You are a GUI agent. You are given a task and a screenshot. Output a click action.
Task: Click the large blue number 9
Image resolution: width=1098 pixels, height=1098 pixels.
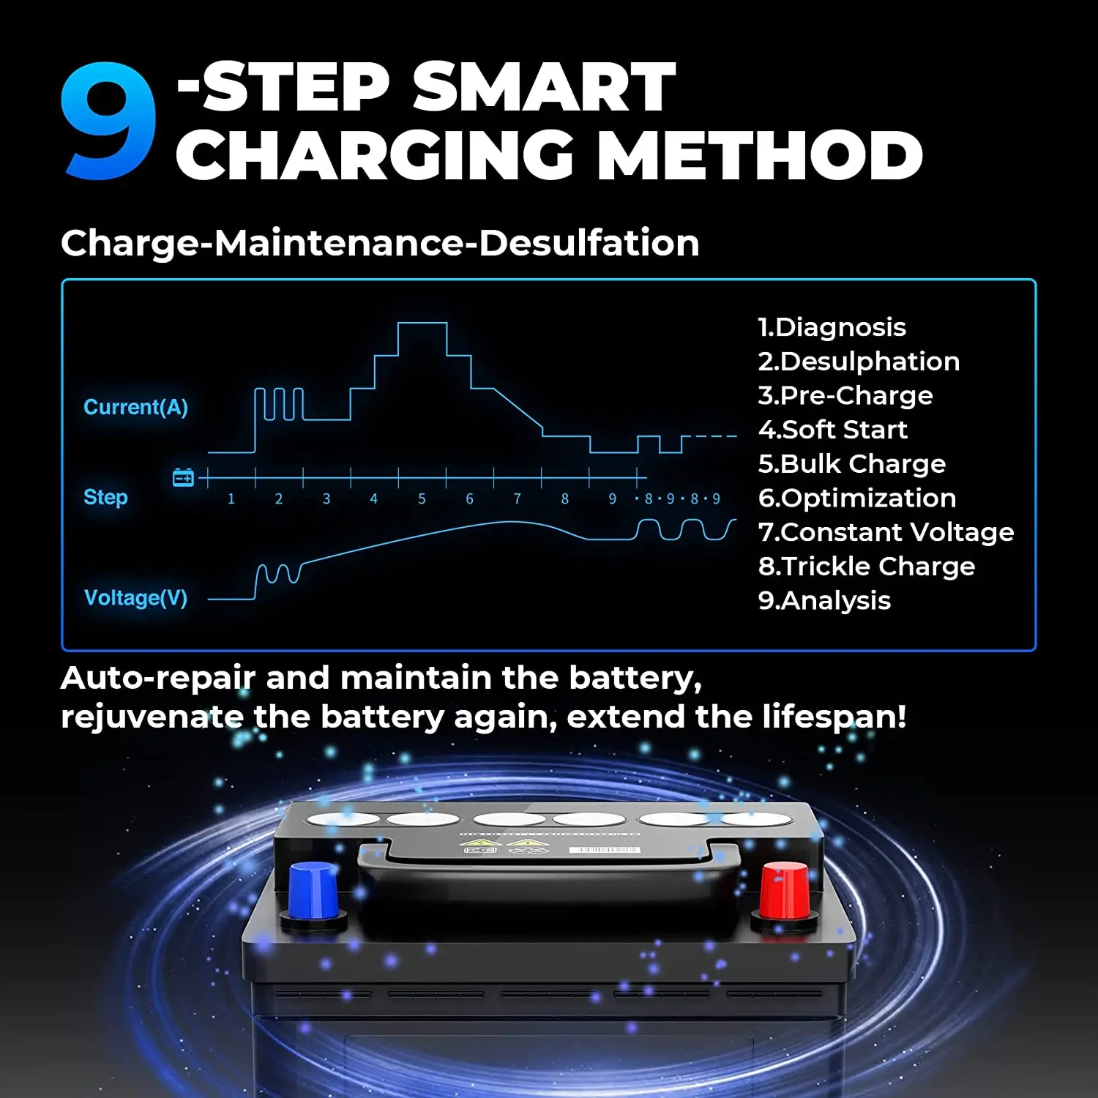[x=108, y=121]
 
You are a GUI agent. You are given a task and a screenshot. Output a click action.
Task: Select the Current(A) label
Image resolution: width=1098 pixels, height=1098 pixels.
[x=135, y=407]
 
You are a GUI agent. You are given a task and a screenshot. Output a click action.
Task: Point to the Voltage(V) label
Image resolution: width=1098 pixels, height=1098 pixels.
[x=135, y=598]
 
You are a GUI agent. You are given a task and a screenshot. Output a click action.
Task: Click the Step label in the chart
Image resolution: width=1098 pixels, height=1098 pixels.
[x=105, y=497]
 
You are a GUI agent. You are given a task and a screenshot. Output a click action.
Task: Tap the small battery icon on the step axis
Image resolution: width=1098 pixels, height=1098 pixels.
[x=183, y=478]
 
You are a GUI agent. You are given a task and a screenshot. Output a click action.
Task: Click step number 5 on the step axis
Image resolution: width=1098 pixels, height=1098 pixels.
[x=422, y=498]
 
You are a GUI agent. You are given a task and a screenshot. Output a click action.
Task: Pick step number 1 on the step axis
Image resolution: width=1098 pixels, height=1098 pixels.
[x=231, y=498]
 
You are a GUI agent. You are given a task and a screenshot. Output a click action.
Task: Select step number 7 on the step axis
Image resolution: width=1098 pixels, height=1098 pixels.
[x=517, y=498]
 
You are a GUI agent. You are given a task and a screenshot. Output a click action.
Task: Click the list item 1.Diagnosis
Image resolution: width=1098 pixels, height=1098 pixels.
[x=832, y=327]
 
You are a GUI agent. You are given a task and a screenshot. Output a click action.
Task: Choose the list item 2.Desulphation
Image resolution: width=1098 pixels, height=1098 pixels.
[x=859, y=362]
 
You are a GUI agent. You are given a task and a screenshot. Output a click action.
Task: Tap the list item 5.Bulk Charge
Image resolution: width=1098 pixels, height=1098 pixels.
[x=852, y=464]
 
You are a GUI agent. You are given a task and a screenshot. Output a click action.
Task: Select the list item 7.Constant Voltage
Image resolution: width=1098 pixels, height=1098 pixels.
[x=886, y=532]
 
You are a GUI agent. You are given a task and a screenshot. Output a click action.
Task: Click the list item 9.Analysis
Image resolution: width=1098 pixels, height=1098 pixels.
[x=824, y=600]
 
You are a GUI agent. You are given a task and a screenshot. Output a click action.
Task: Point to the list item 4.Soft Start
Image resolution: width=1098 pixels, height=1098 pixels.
[x=833, y=430]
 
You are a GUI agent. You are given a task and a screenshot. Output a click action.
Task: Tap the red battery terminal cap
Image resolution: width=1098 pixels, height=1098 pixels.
[x=785, y=889]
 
